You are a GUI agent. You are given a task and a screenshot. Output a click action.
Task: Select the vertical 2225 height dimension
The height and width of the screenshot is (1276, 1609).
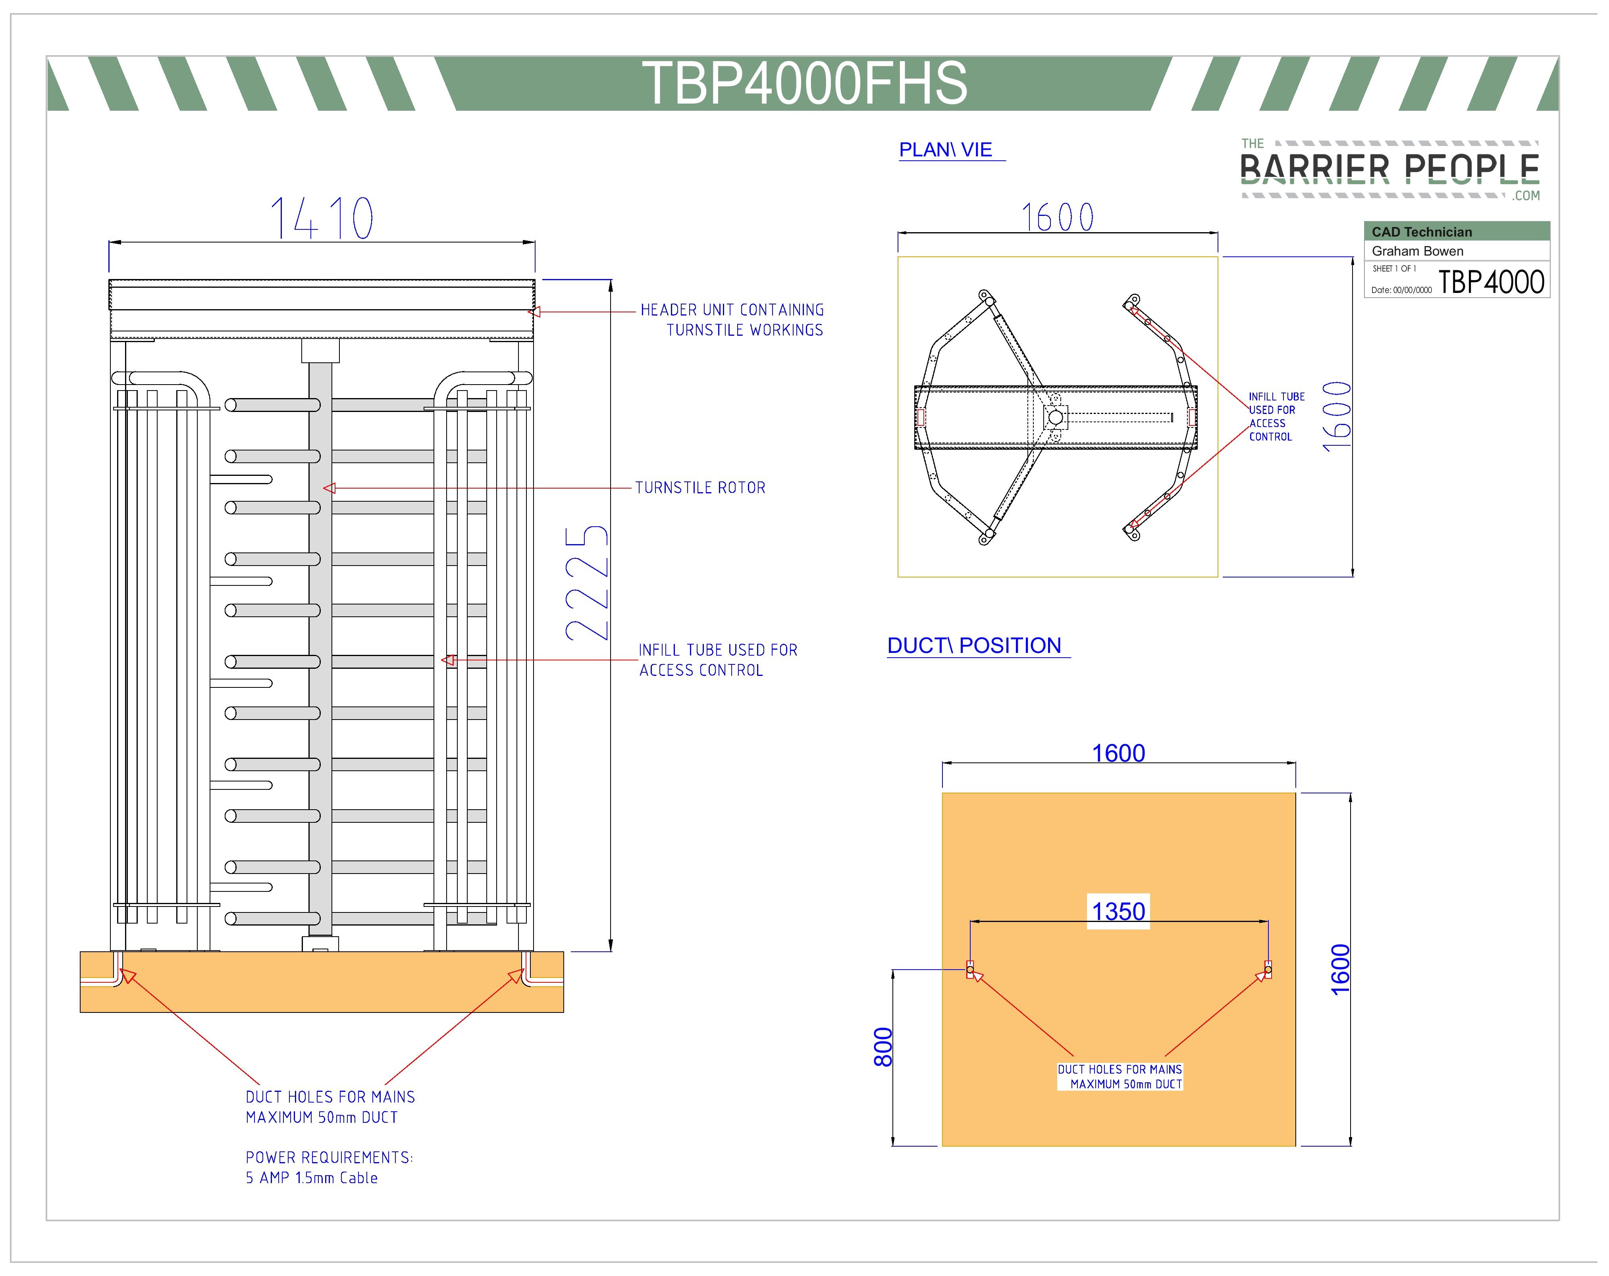[x=587, y=583]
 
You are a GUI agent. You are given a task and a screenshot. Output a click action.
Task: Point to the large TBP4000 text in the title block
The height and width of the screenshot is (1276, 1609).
[x=1490, y=282]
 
